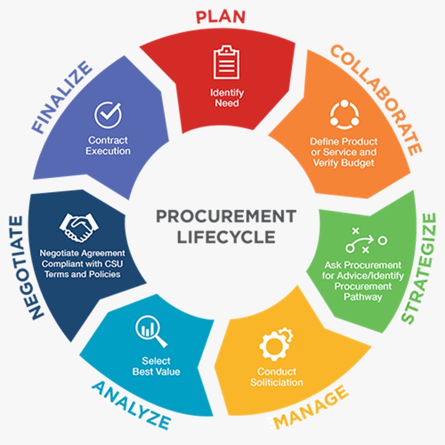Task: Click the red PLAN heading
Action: point(221,16)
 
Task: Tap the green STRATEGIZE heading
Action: point(420,268)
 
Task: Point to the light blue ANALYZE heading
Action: point(130,405)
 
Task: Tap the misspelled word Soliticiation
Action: point(276,382)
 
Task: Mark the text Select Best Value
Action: point(156,366)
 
